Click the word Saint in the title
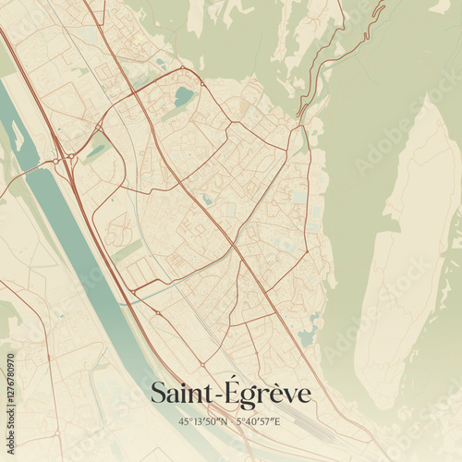(180, 394)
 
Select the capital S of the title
(159, 394)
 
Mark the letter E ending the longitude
(277, 421)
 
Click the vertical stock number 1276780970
(10, 397)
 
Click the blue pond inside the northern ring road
(184, 95)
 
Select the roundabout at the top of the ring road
(182, 68)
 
